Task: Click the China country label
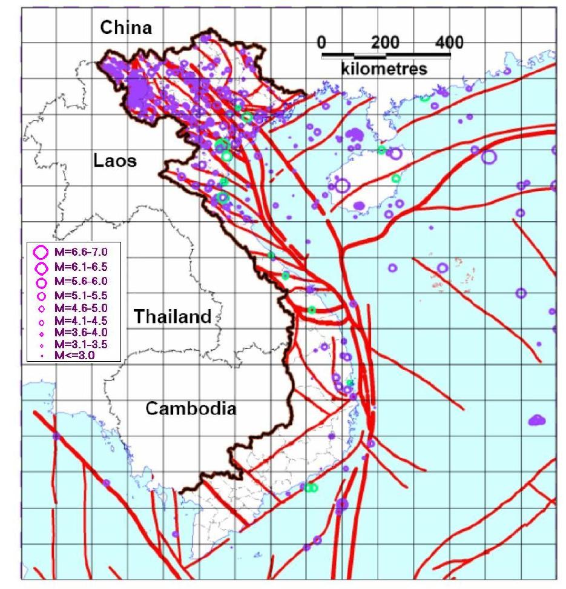125,27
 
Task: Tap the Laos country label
115,161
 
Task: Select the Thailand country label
173,316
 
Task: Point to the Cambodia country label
191,408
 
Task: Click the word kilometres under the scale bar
384,68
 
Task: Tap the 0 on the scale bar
322,42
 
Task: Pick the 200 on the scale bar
386,42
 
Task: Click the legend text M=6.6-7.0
81,250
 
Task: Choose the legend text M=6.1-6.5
81,266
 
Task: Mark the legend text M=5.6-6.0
81,281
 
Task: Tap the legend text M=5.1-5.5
81,296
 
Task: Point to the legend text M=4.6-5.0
81,310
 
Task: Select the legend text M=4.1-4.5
81,321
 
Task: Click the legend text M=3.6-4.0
81,333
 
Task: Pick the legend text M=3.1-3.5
81,344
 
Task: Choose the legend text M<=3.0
75,355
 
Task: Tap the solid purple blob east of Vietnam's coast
536,419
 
